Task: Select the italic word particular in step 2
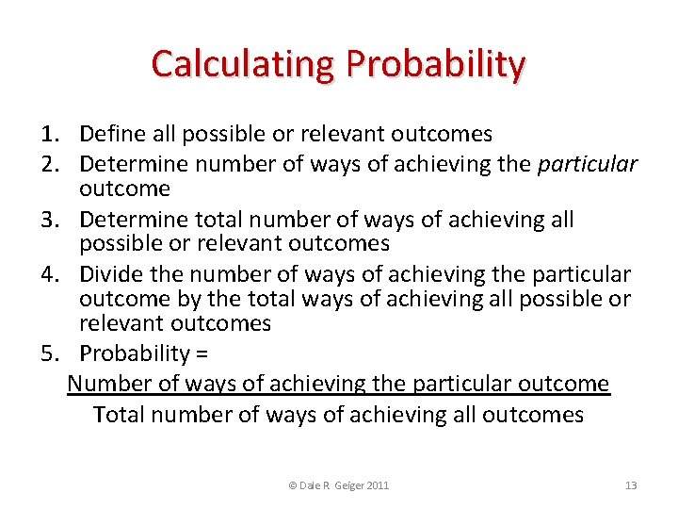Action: point(587,165)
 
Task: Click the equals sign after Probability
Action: point(202,354)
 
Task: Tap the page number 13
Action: point(631,485)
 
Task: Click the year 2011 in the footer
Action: point(375,485)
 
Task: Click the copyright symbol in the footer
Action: point(292,485)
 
